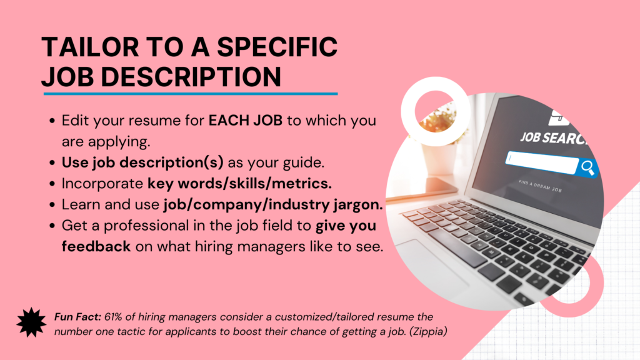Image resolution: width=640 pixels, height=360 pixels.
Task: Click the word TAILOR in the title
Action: pyautogui.click(x=90, y=46)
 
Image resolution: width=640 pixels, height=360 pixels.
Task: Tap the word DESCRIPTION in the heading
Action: pyautogui.click(x=191, y=77)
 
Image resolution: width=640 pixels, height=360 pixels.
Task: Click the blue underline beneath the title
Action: pyautogui.click(x=191, y=94)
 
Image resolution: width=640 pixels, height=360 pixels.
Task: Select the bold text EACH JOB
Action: pyautogui.click(x=245, y=121)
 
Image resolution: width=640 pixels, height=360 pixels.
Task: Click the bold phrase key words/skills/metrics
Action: pyautogui.click(x=239, y=184)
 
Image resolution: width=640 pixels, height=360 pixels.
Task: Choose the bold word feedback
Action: pyautogui.click(x=96, y=246)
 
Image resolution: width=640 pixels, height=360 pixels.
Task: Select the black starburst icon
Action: pyautogui.click(x=31, y=322)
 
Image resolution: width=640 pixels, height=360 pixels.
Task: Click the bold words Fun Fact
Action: pyautogui.click(x=77, y=317)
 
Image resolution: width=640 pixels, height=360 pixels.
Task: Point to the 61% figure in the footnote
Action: pyautogui.click(x=113, y=317)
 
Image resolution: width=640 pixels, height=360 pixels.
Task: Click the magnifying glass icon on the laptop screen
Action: pyautogui.click(x=588, y=167)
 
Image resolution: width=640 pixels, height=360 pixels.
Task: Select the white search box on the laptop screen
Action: pyautogui.click(x=542, y=162)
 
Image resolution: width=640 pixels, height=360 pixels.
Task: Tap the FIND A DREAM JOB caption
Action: pyautogui.click(x=540, y=186)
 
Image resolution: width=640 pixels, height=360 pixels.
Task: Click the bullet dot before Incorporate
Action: pyautogui.click(x=52, y=184)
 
